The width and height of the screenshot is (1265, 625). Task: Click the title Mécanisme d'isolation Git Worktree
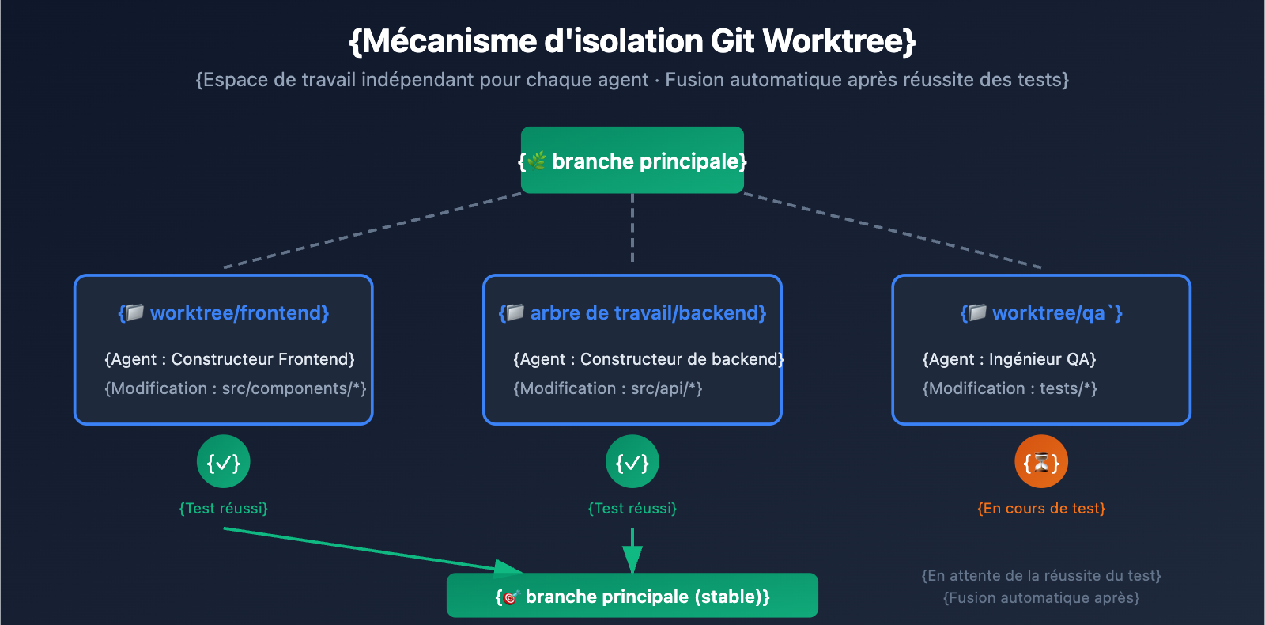pyautogui.click(x=632, y=41)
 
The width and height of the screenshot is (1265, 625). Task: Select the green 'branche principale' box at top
pyautogui.click(x=632, y=161)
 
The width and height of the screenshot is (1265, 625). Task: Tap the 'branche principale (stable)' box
pyautogui.click(x=632, y=596)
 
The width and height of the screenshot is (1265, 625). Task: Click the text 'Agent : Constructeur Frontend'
pyautogui.click(x=229, y=359)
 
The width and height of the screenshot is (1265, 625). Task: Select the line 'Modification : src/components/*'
pyautogui.click(x=236, y=388)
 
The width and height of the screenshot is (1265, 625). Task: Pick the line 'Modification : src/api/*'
pyautogui.click(x=608, y=388)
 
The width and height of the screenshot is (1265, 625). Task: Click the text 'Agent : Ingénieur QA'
pyautogui.click(x=1009, y=359)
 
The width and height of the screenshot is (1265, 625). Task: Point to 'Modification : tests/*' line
pyautogui.click(x=1010, y=388)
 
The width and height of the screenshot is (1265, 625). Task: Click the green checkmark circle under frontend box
pyautogui.click(x=224, y=462)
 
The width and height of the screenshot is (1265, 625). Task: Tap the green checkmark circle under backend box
pyautogui.click(x=632, y=462)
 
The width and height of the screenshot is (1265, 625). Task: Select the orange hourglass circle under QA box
pyautogui.click(x=1041, y=462)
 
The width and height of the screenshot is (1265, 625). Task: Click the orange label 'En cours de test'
pyautogui.click(x=1041, y=509)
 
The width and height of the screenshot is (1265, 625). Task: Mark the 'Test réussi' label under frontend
pyautogui.click(x=224, y=509)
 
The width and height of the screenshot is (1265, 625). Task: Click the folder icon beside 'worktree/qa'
pyautogui.click(x=978, y=312)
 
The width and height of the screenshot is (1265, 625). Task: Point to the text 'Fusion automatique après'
pyautogui.click(x=1041, y=598)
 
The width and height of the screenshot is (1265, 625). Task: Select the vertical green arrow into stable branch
pyautogui.click(x=632, y=551)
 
